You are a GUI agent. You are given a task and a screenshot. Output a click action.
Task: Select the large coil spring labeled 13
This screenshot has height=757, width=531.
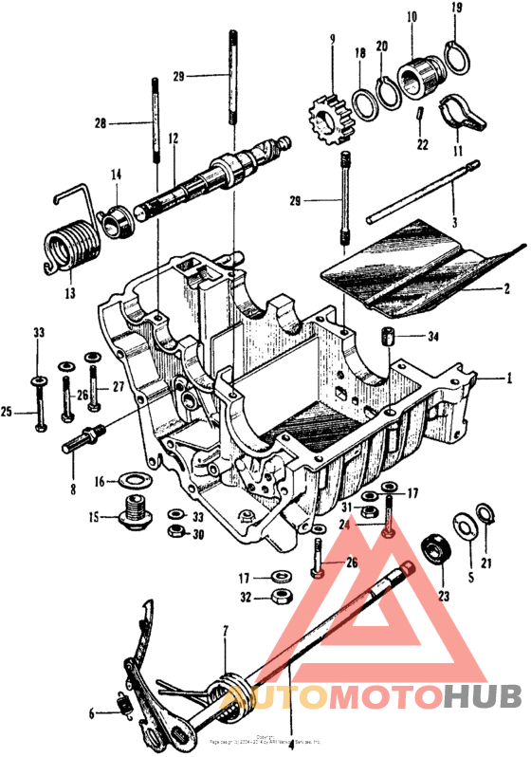[68, 248]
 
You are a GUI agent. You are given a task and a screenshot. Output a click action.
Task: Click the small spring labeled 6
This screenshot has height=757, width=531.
[120, 704]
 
